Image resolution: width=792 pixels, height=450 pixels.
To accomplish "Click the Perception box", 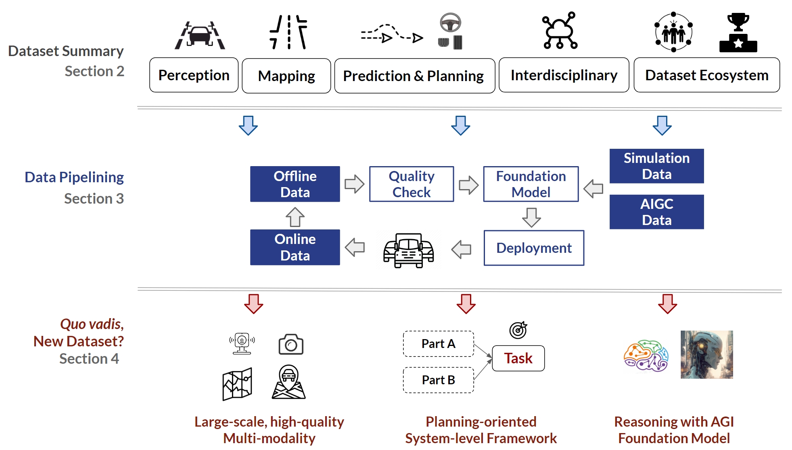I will pos(194,75).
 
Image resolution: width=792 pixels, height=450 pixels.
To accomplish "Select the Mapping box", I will pos(286,76).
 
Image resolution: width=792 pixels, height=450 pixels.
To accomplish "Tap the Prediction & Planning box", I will pos(414,76).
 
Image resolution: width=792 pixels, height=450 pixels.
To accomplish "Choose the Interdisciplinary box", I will pos(564,75).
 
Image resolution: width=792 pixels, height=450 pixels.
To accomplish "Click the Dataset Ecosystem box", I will pos(706,75).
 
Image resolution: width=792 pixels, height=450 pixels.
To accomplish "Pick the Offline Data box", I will pos(295,184).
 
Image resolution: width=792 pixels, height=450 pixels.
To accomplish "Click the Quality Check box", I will pos(412,184).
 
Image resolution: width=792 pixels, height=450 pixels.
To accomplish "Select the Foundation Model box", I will pos(531,184).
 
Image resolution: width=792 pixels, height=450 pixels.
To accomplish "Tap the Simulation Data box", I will pos(656,166).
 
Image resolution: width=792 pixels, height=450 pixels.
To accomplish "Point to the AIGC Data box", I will pos(656,212).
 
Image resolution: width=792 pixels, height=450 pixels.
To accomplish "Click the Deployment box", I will pos(534,248).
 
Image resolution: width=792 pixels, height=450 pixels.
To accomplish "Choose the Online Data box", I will pos(295,247).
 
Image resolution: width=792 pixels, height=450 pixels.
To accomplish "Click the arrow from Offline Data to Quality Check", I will pos(354,184).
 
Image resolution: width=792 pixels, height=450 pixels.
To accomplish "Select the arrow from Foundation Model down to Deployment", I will pos(531,217).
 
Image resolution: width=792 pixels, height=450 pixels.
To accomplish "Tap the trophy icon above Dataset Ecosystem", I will pos(738,32).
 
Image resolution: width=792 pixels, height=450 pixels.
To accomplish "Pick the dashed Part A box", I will pos(438,344).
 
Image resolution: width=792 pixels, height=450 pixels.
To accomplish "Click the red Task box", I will pos(518,358).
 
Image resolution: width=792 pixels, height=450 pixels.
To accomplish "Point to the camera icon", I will pos(290,344).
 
